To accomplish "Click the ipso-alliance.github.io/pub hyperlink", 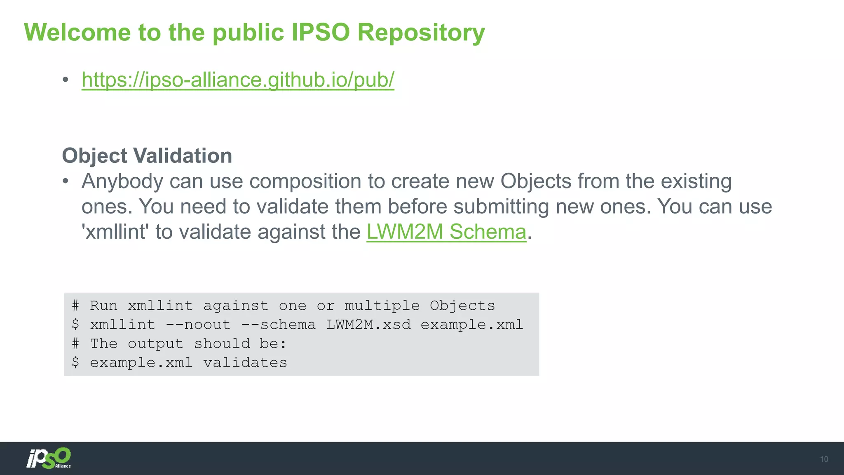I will (x=238, y=80).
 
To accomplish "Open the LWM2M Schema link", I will (x=446, y=232).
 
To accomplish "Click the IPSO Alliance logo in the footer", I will (x=49, y=458).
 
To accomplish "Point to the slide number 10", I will (x=824, y=459).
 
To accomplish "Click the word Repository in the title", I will (x=421, y=33).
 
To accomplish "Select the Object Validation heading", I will (x=147, y=156).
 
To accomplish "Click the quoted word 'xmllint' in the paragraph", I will (x=115, y=232).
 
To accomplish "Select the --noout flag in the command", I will (x=198, y=325).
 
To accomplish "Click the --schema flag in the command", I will (x=278, y=325).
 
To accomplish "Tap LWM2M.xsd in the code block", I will (x=368, y=325).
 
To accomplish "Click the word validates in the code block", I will (x=245, y=363).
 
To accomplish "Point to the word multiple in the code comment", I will (x=382, y=306).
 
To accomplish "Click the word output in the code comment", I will (x=155, y=344).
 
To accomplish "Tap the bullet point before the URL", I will (x=66, y=80).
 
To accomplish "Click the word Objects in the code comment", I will (x=462, y=306).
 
